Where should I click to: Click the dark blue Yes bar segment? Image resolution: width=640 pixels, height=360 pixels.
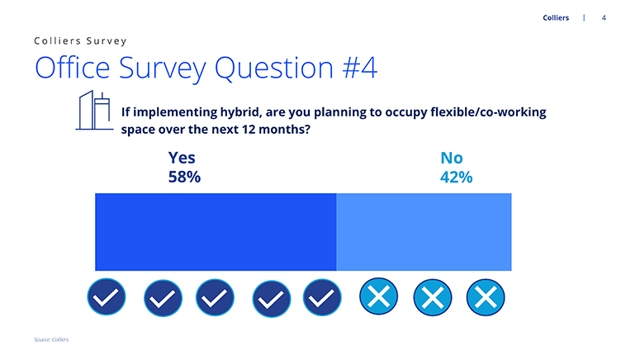pos(216,232)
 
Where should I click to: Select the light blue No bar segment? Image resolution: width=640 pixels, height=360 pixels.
pos(424,232)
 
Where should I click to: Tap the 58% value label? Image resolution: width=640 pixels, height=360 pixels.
pos(184,178)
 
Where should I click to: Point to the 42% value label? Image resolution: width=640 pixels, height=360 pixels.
pos(457,178)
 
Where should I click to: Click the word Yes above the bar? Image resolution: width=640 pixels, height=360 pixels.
pos(182,158)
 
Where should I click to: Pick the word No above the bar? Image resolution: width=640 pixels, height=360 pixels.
pos(452,158)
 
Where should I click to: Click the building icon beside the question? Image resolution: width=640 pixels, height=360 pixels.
pos(94,110)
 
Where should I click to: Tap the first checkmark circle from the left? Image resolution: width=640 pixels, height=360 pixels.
pos(107,296)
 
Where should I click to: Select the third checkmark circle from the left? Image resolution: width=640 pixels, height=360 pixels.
pos(215,297)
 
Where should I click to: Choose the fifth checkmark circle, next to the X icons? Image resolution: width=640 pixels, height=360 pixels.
pos(322,297)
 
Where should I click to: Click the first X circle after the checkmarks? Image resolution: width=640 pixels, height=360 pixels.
pos(379,296)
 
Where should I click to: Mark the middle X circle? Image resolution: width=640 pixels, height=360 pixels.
pos(433,297)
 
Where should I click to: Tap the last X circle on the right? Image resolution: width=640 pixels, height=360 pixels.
pos(486,297)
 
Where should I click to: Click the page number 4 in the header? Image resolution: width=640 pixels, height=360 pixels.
pos(604,18)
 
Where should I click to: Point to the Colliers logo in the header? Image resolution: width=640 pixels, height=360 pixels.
pos(556,17)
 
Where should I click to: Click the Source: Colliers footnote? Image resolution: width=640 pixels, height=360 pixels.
pos(51,339)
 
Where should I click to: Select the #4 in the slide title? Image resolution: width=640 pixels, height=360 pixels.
pos(360,68)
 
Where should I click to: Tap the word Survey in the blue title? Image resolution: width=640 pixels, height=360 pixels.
pos(163,69)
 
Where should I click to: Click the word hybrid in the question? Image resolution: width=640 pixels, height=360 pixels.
pos(239,112)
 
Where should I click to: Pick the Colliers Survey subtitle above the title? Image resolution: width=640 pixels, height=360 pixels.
pos(80,40)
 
